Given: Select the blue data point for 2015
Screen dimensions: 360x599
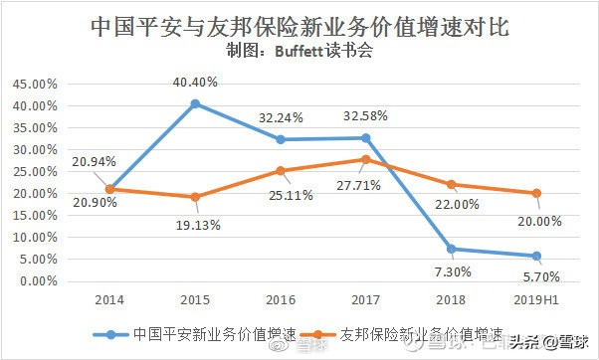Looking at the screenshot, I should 195,103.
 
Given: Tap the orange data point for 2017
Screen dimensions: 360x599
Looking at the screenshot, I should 365,159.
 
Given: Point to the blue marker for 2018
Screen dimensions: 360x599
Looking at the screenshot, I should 451,249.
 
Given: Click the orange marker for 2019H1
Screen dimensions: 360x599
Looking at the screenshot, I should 536,193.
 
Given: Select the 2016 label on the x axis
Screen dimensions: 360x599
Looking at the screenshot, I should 280,300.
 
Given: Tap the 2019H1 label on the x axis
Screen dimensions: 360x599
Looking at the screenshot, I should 536,300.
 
